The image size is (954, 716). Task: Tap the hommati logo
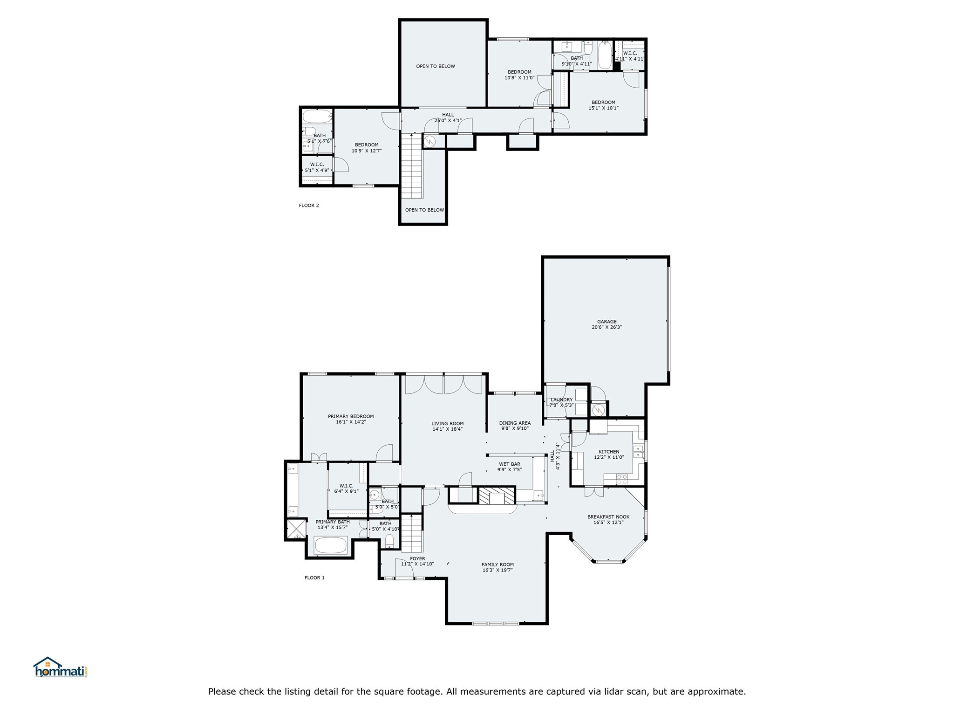click(60, 668)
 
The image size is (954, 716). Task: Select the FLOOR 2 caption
click(309, 205)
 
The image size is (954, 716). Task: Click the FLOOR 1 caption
click(314, 578)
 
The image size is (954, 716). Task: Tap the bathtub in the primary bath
click(330, 545)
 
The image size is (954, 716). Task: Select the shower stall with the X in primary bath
click(296, 529)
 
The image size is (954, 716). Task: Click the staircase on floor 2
click(412, 165)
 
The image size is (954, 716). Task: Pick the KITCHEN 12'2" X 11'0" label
click(608, 454)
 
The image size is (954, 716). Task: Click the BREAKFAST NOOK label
click(608, 516)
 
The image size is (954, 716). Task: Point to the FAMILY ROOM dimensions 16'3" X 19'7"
click(497, 570)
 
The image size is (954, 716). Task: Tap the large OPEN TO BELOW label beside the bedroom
click(435, 66)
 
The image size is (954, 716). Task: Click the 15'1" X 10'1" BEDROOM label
click(603, 105)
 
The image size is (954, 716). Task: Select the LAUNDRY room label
click(561, 400)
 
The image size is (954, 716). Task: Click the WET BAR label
click(509, 464)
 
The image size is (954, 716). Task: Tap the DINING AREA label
click(515, 423)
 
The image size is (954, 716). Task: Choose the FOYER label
click(417, 558)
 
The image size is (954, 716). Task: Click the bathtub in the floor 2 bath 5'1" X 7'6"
click(317, 116)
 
